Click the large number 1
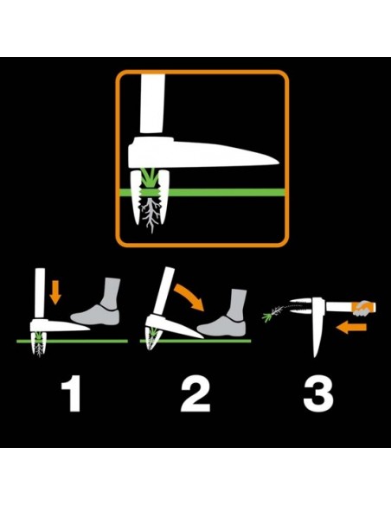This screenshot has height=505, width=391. [72, 393]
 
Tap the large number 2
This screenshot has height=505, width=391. [195, 393]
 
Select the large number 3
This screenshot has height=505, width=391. [318, 393]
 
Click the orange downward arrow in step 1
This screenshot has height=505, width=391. [55, 292]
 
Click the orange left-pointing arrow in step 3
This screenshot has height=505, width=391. [351, 328]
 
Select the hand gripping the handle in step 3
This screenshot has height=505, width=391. [363, 308]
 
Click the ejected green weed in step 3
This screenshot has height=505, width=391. [272, 314]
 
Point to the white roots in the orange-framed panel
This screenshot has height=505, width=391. [151, 215]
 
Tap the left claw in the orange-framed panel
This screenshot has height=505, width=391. [136, 197]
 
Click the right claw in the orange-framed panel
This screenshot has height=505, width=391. [164, 196]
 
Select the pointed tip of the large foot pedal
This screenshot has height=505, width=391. [279, 162]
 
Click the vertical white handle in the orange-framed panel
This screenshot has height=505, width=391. [152, 103]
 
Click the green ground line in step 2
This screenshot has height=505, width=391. [195, 341]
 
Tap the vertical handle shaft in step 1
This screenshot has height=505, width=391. [40, 294]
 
